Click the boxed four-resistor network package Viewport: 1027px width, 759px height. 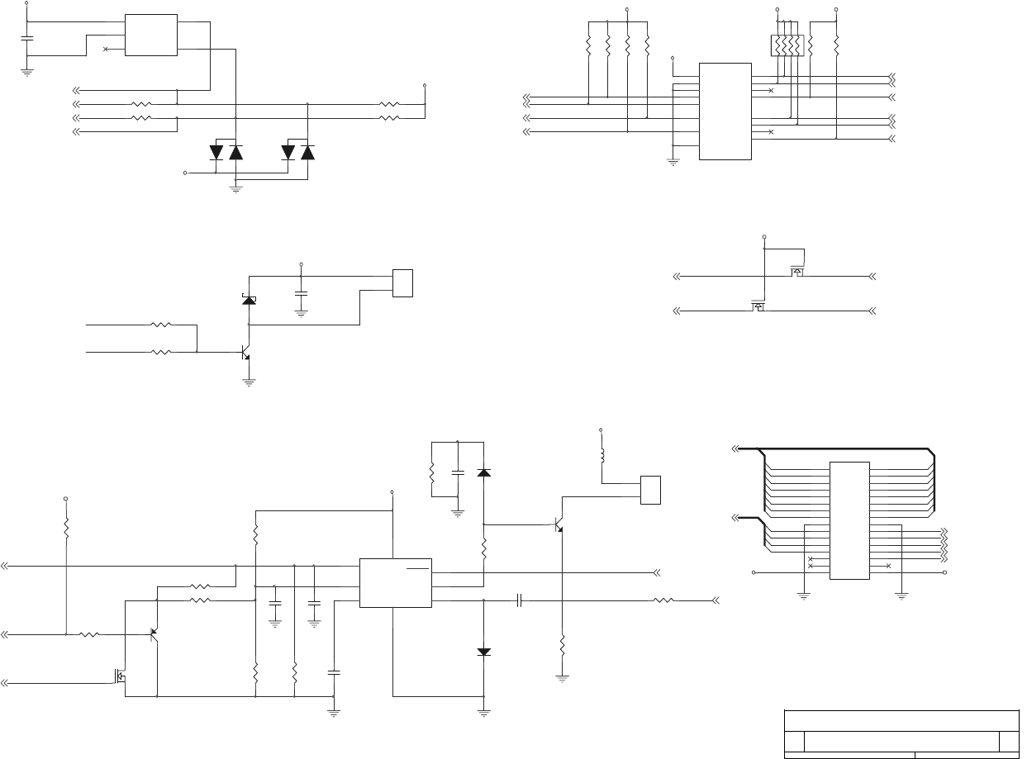tap(787, 45)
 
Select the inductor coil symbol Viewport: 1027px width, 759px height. tap(601, 455)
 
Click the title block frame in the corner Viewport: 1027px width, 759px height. tap(901, 733)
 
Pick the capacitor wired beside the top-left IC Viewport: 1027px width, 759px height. tap(27, 39)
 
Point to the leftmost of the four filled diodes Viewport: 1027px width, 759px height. tap(216, 152)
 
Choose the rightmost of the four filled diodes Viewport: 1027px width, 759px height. tap(308, 152)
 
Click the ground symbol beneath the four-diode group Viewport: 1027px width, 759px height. tap(235, 189)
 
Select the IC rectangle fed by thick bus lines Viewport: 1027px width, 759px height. tap(849, 520)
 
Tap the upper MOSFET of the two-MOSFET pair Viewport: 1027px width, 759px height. tap(798, 271)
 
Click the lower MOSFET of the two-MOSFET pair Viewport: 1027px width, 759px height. tap(758, 307)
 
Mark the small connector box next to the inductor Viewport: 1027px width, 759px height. tap(651, 490)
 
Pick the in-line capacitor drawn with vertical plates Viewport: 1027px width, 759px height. tap(521, 600)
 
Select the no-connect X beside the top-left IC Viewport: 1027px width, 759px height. tap(106, 49)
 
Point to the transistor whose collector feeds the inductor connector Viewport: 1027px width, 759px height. tap(559, 525)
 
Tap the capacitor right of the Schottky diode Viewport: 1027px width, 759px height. tap(301, 293)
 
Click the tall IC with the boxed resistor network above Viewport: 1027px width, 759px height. tap(725, 111)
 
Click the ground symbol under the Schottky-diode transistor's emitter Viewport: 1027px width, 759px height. tap(248, 382)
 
